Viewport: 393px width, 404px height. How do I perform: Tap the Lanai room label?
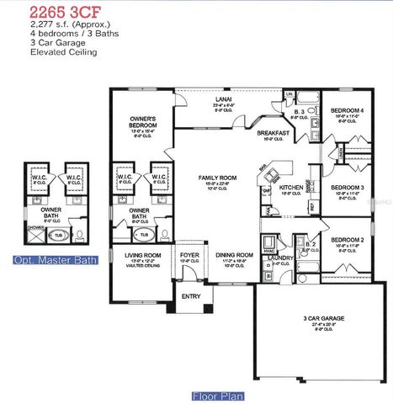223,99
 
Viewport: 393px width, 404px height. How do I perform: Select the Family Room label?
217,178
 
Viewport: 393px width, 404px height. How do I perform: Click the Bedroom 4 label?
348,111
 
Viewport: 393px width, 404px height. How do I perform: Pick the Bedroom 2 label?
347,240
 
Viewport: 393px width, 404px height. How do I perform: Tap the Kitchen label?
291,187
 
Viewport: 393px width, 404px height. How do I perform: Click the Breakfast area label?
274,133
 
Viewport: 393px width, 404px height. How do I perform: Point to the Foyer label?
189,254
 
